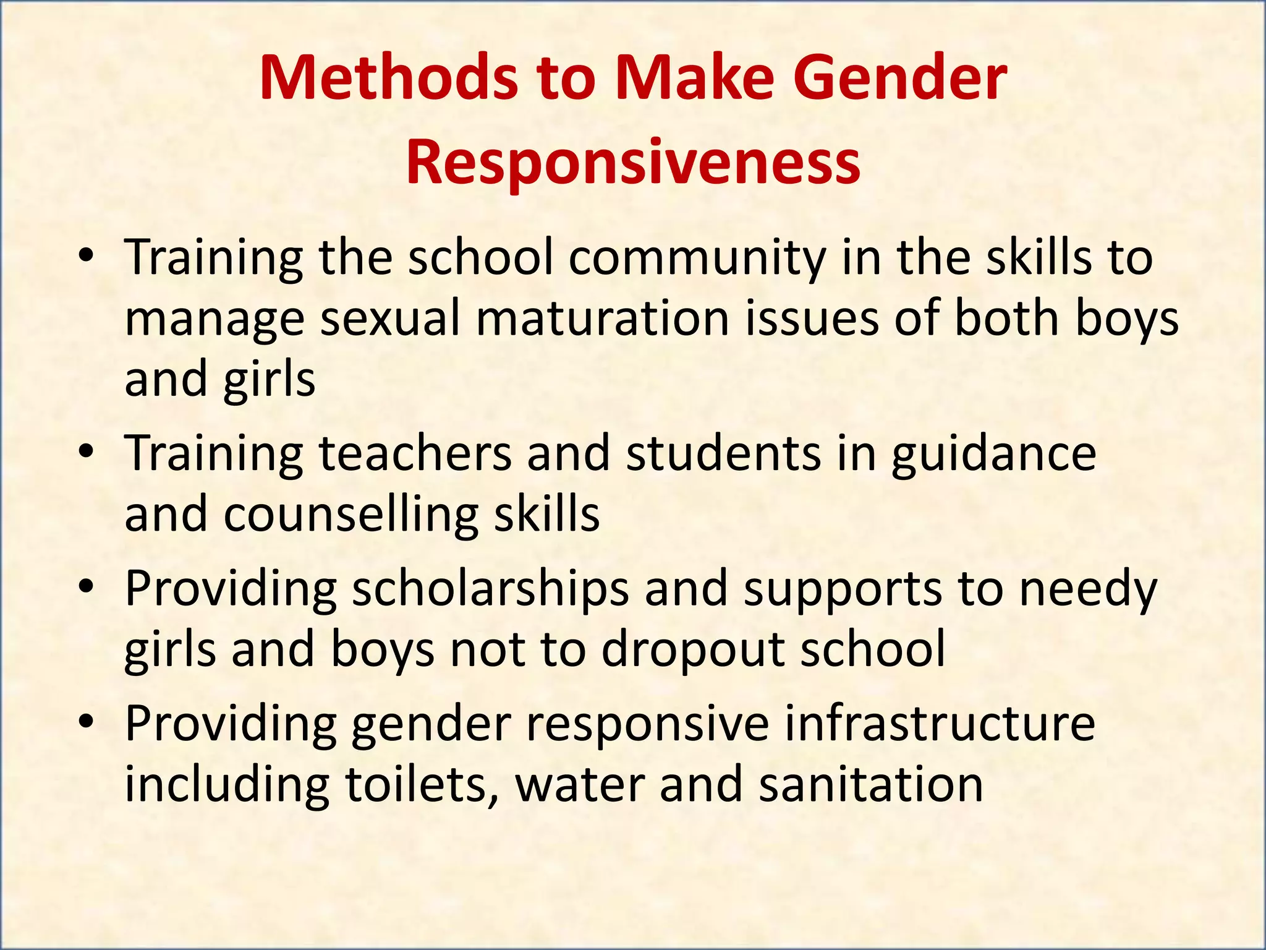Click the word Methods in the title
(388, 79)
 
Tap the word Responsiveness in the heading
(633, 162)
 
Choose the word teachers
(415, 453)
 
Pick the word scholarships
(491, 589)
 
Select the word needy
(1088, 589)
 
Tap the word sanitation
(870, 784)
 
